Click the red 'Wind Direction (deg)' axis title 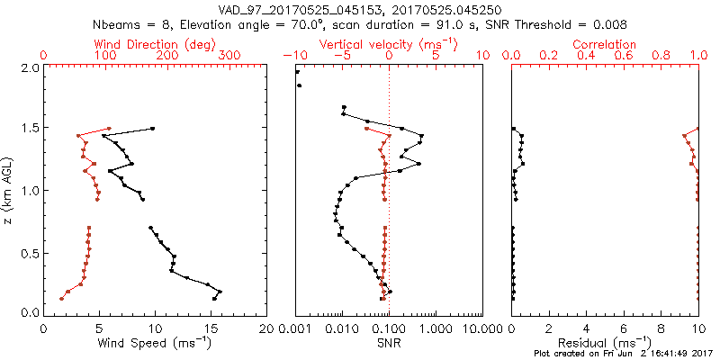(x=154, y=44)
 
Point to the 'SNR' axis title (x=389, y=342)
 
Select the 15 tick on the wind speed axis (x=211, y=328)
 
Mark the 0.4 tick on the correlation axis (x=586, y=56)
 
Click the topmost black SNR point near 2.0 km (x=297, y=72)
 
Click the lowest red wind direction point (x=61, y=298)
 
